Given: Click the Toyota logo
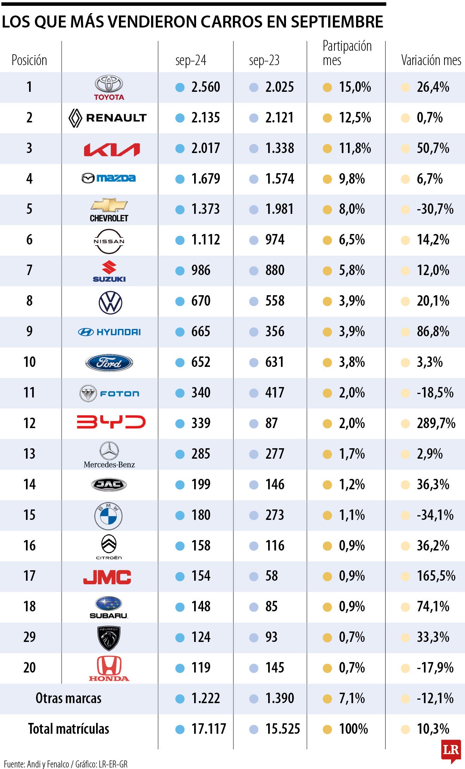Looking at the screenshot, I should (109, 88).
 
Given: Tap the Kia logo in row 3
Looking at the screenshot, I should (112, 149).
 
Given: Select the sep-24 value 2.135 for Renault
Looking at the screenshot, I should (205, 118).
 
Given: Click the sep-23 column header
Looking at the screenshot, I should (264, 60).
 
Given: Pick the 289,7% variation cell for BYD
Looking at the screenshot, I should (436, 423).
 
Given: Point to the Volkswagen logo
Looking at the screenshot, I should (110, 303).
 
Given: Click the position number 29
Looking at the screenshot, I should (29, 637).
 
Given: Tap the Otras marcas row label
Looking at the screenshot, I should (69, 698).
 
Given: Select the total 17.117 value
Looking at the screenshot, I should (208, 729).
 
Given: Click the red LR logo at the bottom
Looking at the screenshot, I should (451, 750).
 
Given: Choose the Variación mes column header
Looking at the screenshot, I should (431, 60).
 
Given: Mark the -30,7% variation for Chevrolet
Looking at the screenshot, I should (435, 210).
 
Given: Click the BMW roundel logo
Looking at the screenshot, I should (108, 516).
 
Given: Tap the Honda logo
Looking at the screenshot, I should (109, 668).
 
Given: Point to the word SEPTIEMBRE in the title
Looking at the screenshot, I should (337, 22).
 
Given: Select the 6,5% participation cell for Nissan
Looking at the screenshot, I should (351, 240).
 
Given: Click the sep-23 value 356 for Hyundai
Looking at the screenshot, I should (275, 332).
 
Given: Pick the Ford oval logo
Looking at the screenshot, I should (109, 363).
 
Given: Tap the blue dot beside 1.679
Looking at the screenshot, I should (180, 179).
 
